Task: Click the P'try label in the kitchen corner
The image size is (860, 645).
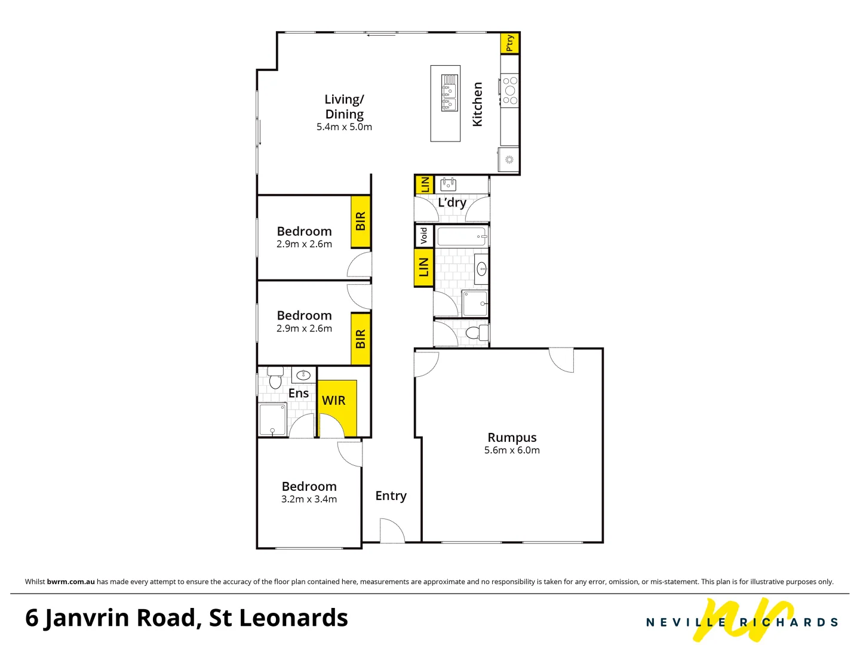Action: point(509,43)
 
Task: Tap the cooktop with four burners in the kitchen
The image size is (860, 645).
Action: point(510,91)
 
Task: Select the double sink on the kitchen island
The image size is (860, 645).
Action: point(449,93)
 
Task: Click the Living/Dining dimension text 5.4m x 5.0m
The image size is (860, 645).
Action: point(344,127)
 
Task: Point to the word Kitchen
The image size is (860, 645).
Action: point(477,105)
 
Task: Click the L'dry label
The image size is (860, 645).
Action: point(452,202)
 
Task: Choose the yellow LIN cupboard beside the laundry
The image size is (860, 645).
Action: point(424,185)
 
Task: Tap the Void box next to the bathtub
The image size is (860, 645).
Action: point(424,235)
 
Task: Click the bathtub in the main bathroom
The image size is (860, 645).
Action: point(462,236)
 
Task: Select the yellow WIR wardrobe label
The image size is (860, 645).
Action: point(334,401)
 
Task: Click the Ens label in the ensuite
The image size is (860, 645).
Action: point(299,393)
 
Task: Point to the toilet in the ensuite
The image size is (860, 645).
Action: point(275,377)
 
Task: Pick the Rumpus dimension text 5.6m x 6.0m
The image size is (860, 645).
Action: point(512,450)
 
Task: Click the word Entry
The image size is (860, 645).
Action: point(391,496)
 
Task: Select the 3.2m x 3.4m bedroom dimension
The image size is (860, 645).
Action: point(309,499)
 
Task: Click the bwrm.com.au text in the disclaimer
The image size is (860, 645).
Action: point(70,582)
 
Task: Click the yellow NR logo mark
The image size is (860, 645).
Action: point(747,620)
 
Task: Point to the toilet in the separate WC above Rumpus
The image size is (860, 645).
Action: point(476,333)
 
